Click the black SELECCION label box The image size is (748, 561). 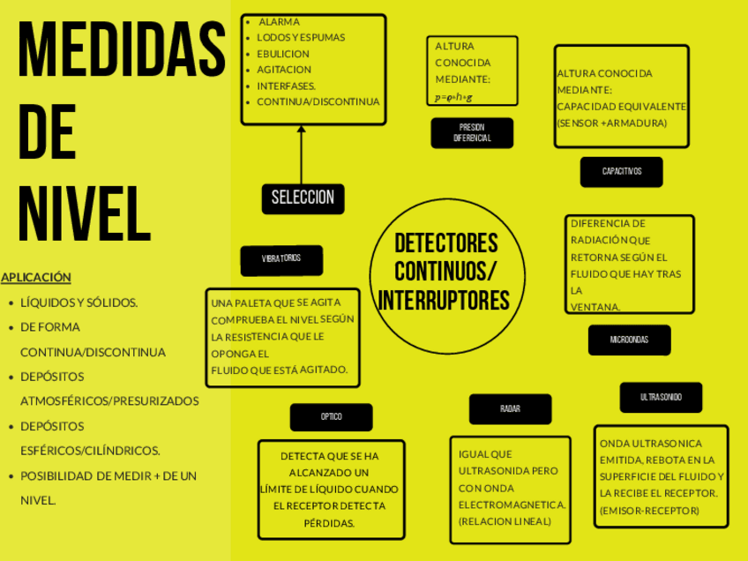303,198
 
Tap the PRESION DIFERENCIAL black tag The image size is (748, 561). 472,133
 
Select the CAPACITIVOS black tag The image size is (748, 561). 621,171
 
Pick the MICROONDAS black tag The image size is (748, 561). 629,340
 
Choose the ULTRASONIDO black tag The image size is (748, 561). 661,398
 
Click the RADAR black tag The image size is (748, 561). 510,409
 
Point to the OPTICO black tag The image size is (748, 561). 331,417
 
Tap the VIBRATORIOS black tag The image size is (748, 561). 280,259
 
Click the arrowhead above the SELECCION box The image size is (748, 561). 302,130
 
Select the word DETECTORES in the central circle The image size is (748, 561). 445,243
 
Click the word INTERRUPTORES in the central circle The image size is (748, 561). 444,301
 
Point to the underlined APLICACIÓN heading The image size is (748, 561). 36,277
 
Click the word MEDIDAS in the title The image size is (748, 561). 122,51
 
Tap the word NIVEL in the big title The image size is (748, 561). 85,214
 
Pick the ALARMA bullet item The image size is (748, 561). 279,21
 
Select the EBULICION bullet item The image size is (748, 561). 283,54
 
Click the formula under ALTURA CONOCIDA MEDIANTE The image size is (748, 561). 453,97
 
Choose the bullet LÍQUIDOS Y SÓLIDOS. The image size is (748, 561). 79,303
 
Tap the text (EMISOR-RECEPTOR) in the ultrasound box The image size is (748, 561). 649,511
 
